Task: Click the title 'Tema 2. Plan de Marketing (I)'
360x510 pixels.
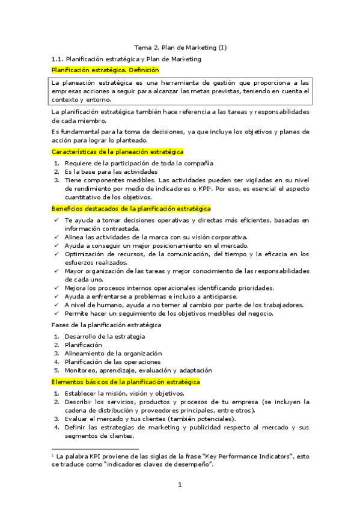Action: pyautogui.click(x=180, y=48)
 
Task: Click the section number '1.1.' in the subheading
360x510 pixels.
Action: pyautogui.click(x=58, y=59)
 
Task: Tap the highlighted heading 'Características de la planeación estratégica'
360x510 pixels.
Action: pyautogui.click(x=118, y=152)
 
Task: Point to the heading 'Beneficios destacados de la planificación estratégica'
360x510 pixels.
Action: pyautogui.click(x=131, y=208)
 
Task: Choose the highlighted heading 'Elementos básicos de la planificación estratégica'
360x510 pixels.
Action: pyautogui.click(x=126, y=382)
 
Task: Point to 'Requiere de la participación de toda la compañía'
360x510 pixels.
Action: pyautogui.click(x=139, y=163)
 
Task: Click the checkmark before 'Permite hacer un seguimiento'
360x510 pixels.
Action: pyautogui.click(x=55, y=313)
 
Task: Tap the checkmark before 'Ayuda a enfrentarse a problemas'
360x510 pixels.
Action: pyautogui.click(x=55, y=296)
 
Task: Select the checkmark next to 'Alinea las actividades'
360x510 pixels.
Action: pyautogui.click(x=55, y=237)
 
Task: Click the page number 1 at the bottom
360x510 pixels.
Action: pyautogui.click(x=180, y=485)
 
